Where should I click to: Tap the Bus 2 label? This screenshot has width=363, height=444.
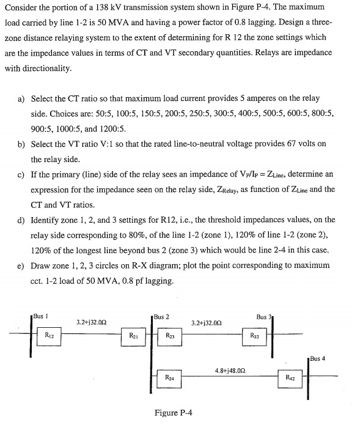(162, 317)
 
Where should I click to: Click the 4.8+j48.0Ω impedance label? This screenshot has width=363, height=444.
(230, 370)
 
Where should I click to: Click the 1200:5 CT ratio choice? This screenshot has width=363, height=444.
(112, 128)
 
